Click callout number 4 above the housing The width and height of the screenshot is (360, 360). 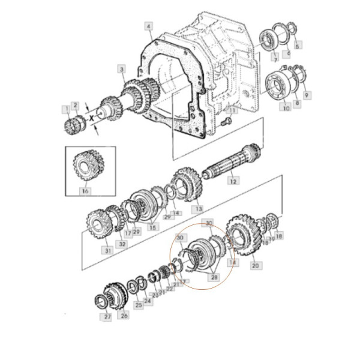[149, 26]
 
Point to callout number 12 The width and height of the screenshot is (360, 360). [233, 180]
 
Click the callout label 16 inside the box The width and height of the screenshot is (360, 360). [85, 191]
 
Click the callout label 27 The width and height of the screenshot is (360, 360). [108, 316]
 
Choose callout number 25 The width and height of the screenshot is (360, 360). [139, 305]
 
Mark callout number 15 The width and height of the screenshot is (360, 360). [152, 227]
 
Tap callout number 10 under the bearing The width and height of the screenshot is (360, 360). [286, 108]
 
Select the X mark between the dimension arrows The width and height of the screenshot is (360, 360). [92, 120]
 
